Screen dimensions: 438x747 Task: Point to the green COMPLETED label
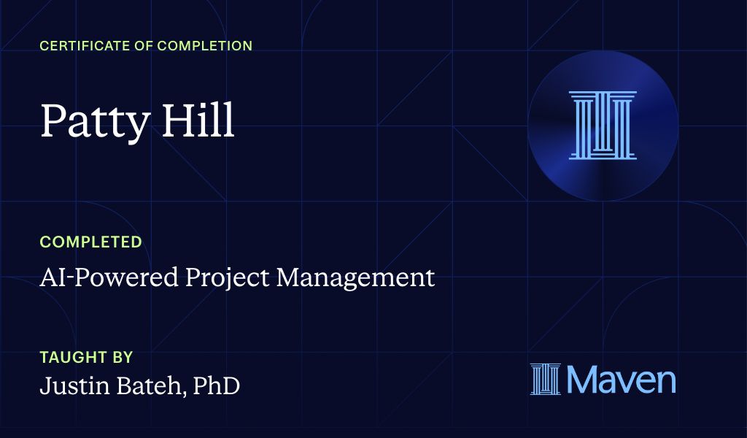[x=90, y=242]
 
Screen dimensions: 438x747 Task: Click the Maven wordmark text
[x=621, y=380]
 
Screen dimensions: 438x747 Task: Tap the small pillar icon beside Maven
[x=546, y=380]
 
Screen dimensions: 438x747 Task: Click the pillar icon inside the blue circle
[x=603, y=125]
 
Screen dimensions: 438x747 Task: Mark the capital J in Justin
[x=44, y=386]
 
